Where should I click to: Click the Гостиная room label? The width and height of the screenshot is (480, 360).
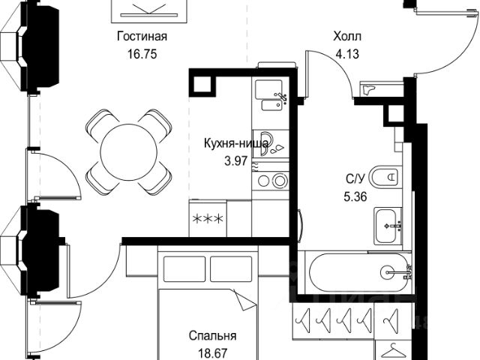pos(142,36)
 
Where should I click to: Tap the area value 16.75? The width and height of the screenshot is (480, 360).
pos(142,54)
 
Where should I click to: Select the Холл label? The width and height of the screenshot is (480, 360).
pos(347,36)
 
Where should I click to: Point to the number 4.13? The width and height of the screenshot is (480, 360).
pos(347,54)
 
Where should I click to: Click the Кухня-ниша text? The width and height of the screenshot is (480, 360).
pos(236,143)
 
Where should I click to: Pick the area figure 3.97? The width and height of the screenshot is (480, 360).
pos(235,160)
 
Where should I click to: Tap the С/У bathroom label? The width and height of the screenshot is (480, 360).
pos(355,178)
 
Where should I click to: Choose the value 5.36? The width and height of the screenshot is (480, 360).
pos(355,196)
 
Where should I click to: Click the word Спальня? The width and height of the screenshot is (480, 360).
pos(212,336)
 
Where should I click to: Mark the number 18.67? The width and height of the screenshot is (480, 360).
pos(212,353)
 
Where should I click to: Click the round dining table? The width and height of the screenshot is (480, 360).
pos(129,151)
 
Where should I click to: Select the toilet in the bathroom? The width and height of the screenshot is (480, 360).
pos(385,177)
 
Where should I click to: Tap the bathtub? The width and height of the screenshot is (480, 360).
pos(358,272)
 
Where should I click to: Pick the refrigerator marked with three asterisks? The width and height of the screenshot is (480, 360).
pos(208,218)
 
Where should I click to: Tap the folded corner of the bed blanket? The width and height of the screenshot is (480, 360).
pos(244,300)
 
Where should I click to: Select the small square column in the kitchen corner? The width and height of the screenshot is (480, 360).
pos(202,83)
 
